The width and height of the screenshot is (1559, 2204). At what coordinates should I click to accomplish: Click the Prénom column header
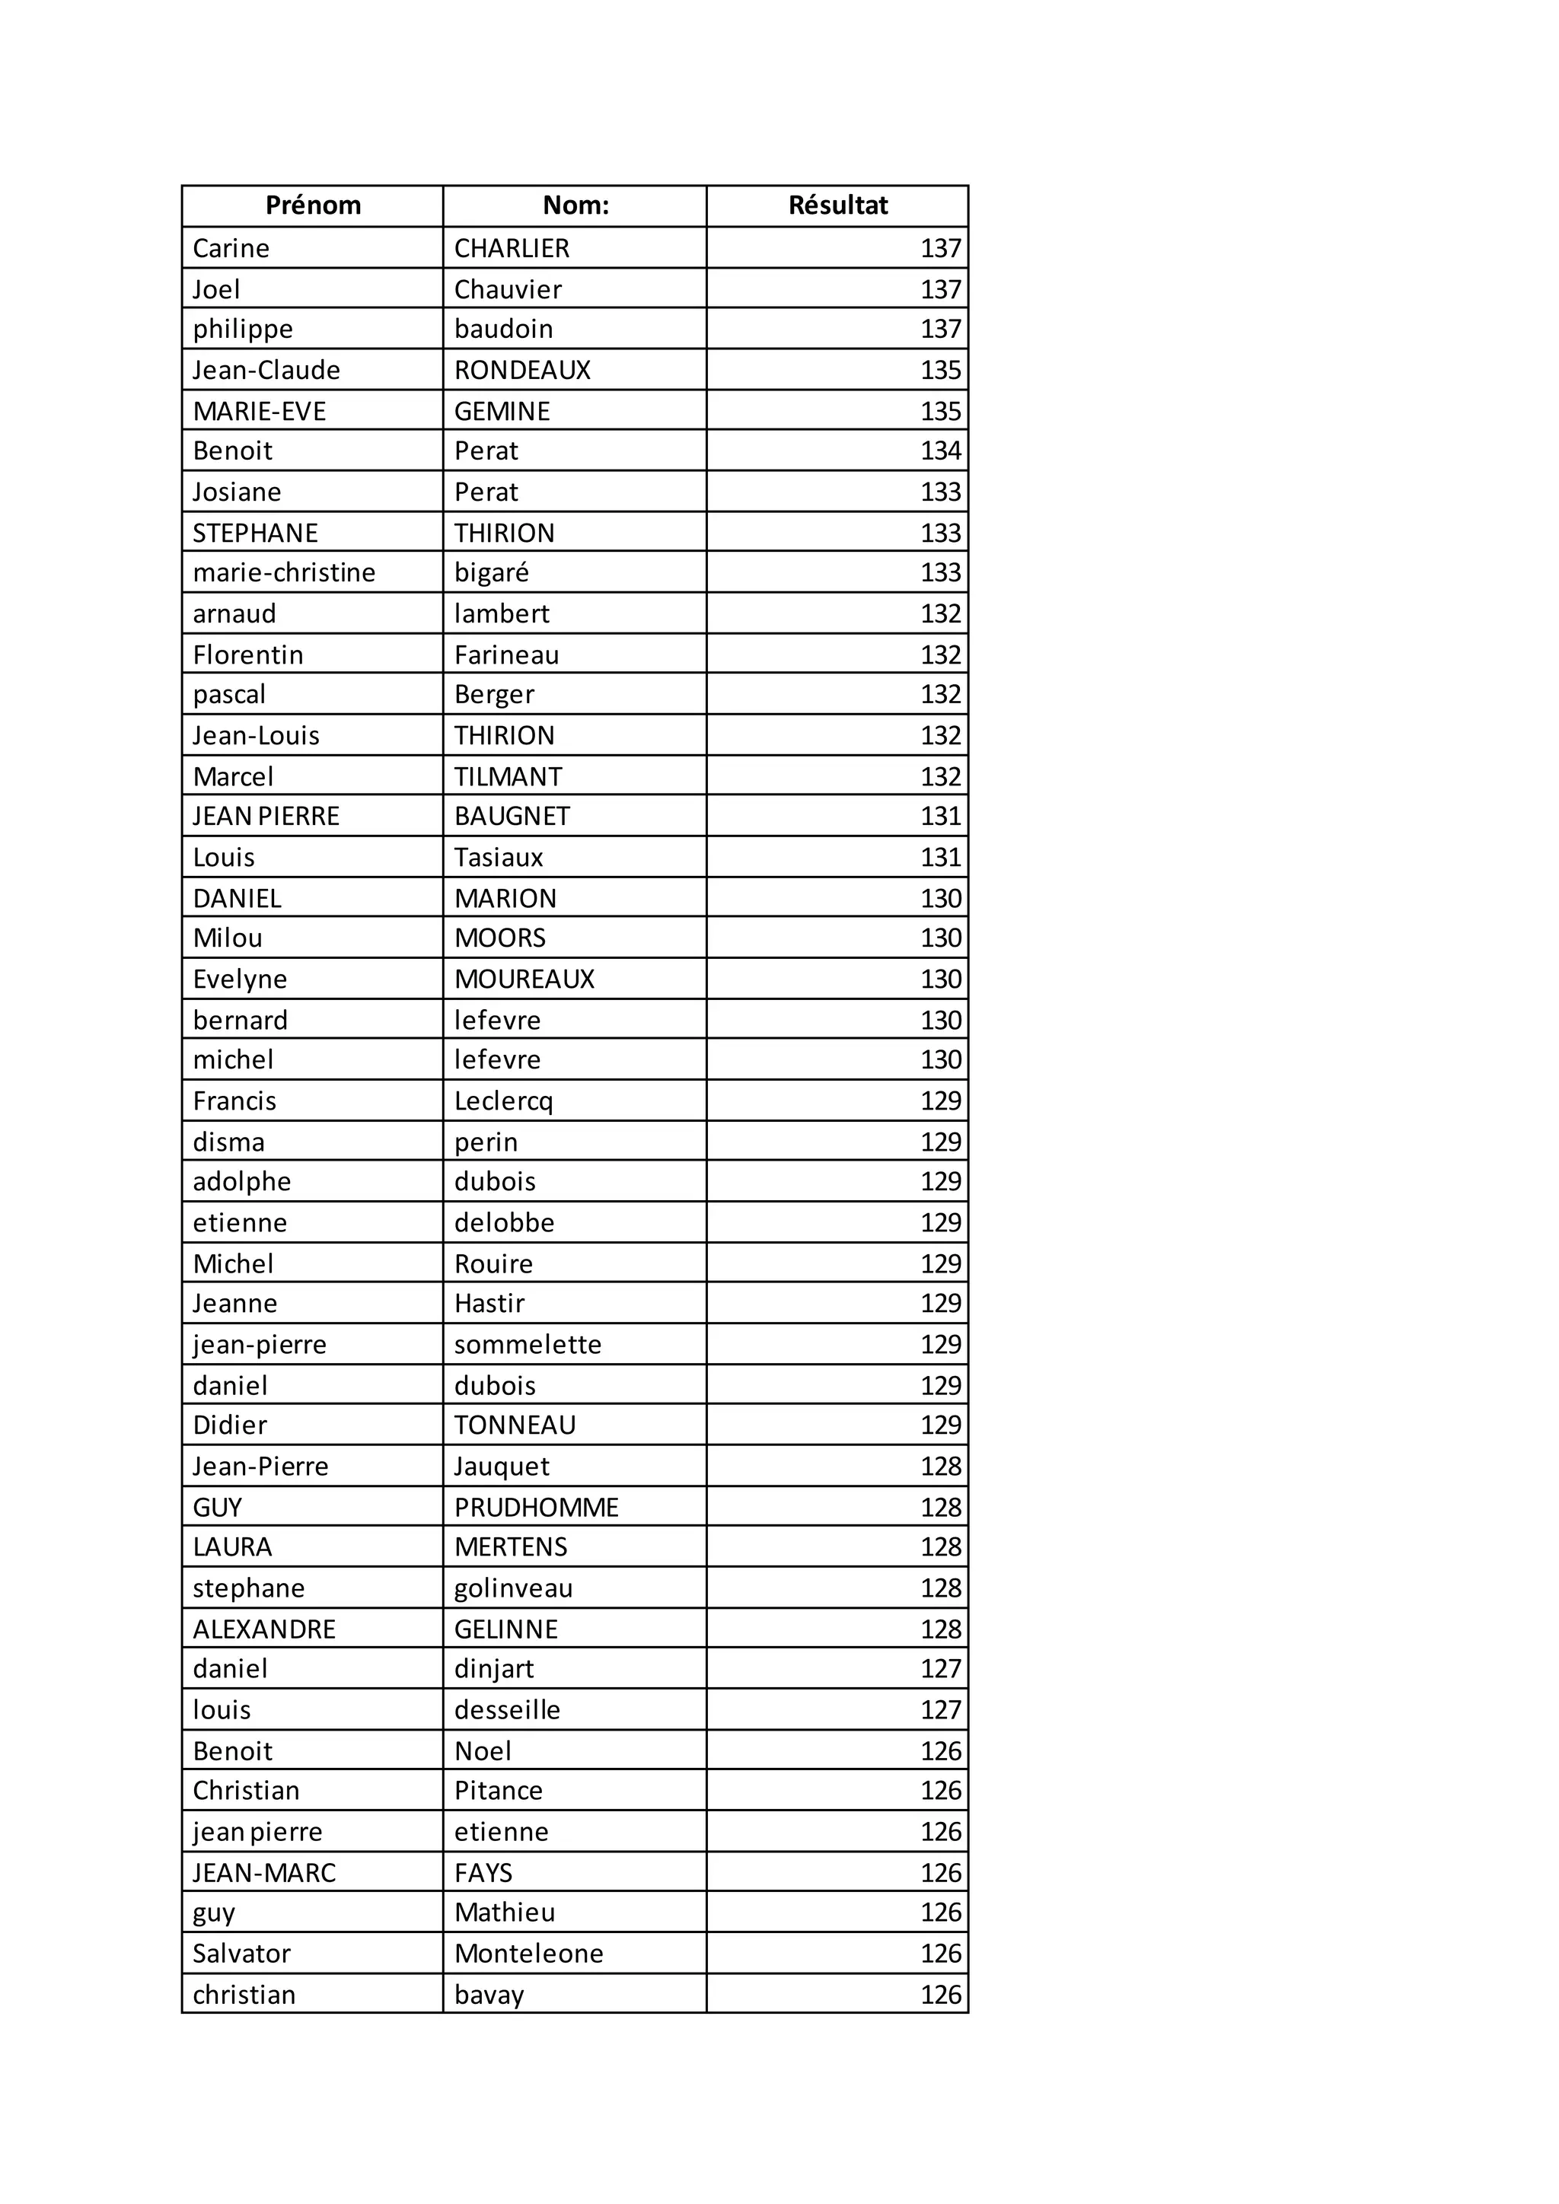pyautogui.click(x=313, y=205)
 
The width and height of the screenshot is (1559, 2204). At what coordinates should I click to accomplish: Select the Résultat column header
pyautogui.click(x=838, y=205)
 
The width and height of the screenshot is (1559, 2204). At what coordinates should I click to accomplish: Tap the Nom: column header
pyautogui.click(x=576, y=205)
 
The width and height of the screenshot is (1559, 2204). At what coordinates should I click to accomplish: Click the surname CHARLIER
pyautogui.click(x=512, y=249)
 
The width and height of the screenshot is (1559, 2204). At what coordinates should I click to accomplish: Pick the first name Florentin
pyautogui.click(x=247, y=655)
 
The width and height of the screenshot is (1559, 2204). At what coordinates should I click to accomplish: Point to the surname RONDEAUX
pyautogui.click(x=522, y=371)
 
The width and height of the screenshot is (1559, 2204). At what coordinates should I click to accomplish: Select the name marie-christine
pyautogui.click(x=284, y=573)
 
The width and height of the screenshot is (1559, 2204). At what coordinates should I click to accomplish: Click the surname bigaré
pyautogui.click(x=492, y=573)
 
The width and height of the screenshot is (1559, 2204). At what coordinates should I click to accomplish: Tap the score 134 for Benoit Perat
pyautogui.click(x=940, y=451)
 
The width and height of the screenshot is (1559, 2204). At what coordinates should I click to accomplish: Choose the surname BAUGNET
pyautogui.click(x=512, y=816)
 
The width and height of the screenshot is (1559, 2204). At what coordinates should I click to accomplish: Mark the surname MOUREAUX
pyautogui.click(x=524, y=979)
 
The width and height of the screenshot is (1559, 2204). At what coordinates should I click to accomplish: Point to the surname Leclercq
pyautogui.click(x=504, y=1101)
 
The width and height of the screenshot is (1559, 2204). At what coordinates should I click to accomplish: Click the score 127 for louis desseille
pyautogui.click(x=940, y=1711)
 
